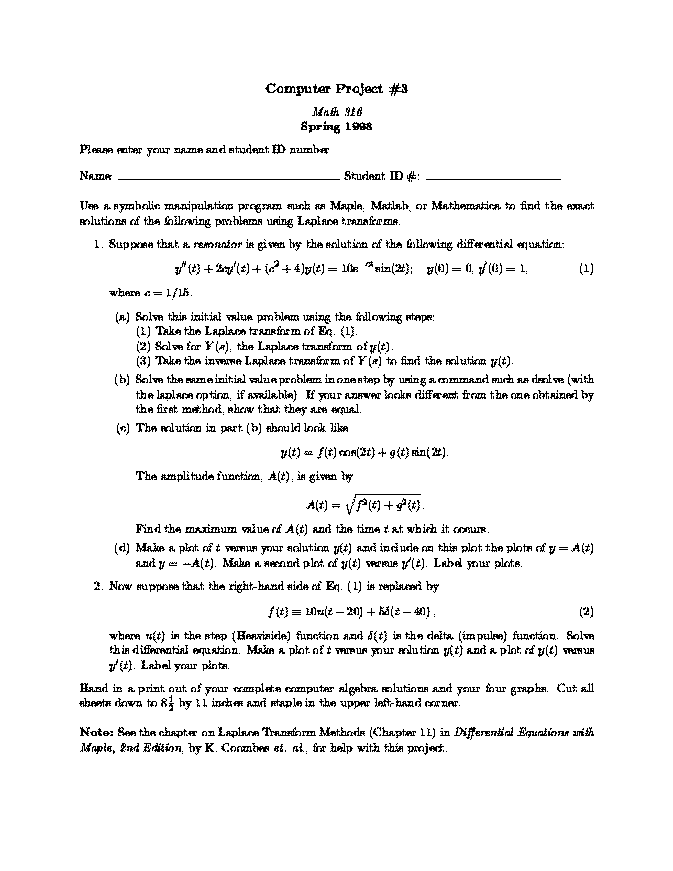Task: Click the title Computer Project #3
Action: (336, 89)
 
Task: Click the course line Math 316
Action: (336, 114)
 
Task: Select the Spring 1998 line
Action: (336, 127)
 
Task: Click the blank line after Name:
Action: (226, 176)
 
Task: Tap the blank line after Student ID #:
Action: (493, 176)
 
